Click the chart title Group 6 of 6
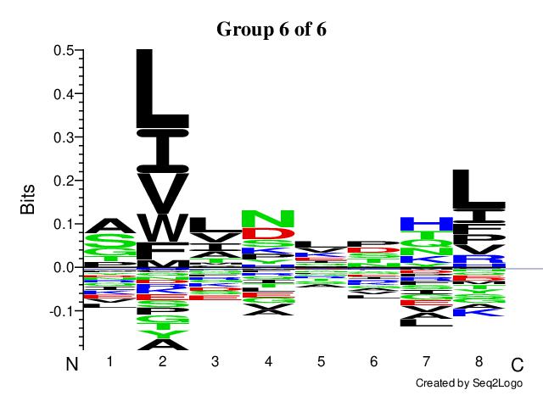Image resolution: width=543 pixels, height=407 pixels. coord(271,29)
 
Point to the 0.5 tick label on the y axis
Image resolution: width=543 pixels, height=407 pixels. coord(61,51)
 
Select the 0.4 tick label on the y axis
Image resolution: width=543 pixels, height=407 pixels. coord(61,94)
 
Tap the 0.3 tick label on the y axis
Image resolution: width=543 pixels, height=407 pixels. coord(61,137)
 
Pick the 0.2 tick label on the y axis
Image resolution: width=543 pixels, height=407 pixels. coord(61,181)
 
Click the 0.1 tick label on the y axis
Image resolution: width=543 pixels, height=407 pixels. coord(61,225)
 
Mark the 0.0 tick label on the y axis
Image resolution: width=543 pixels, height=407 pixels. coord(61,268)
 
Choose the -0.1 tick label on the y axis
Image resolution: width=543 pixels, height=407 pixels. coord(59,311)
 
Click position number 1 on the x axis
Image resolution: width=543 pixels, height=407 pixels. coord(109,362)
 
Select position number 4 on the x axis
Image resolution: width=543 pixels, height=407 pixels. coord(268,362)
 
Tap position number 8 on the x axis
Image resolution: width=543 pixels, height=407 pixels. coord(479,362)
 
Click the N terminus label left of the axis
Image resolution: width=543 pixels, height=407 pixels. coord(73,365)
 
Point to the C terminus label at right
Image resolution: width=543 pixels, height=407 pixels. coord(517,365)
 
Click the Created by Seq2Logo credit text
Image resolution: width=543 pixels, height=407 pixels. coord(468,384)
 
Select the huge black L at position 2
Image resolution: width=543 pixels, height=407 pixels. coord(162,89)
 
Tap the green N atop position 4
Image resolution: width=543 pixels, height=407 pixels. coord(268,218)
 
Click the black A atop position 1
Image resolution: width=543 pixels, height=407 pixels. coord(109,226)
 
